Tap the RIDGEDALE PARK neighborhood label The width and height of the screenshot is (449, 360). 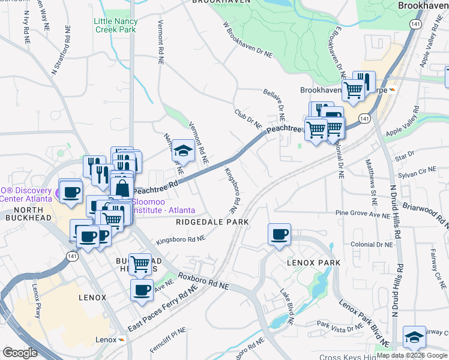click(212, 222)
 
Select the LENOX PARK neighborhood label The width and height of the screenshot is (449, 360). click(313, 263)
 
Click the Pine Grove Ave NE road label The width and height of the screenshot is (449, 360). click(363, 213)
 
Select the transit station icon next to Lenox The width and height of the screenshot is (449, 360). click(122, 340)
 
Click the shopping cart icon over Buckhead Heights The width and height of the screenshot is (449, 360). click(140, 263)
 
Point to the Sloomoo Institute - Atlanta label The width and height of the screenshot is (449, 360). click(163, 206)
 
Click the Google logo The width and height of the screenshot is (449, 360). click(20, 353)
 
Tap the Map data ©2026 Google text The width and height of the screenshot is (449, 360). click(412, 355)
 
